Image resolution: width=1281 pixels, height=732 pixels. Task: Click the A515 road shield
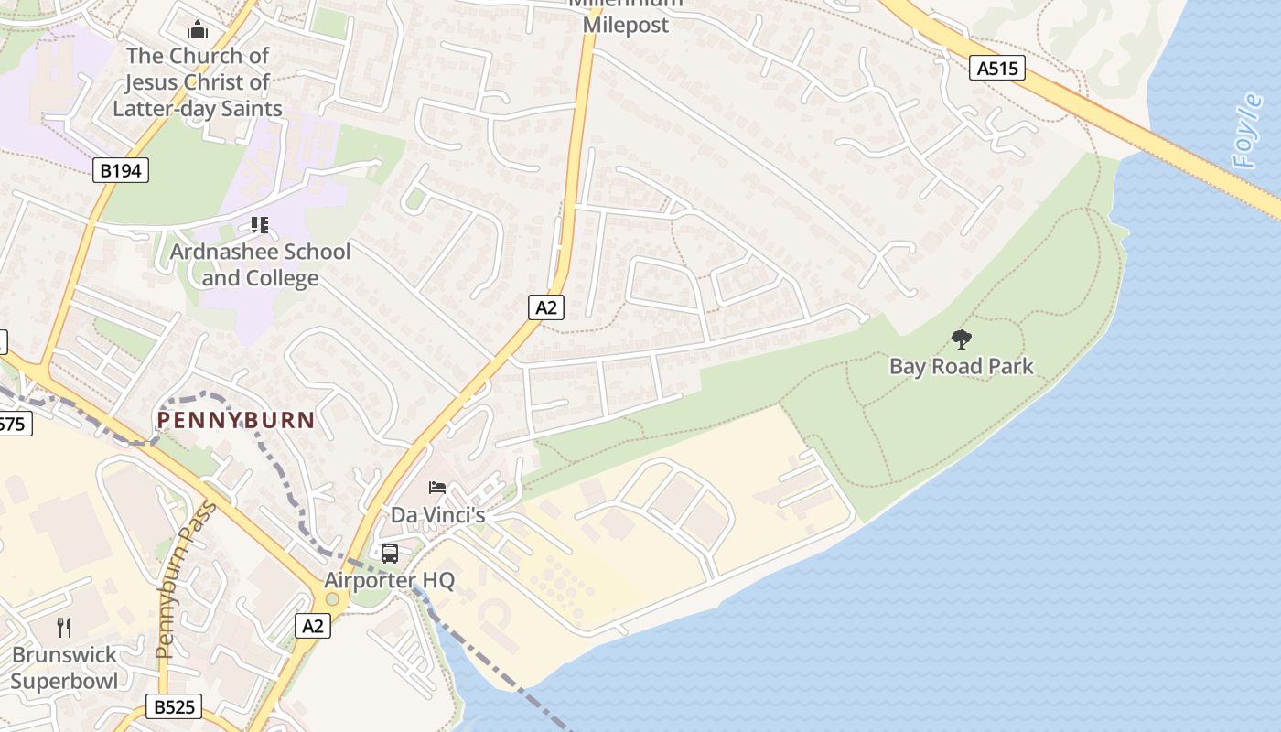(x=997, y=68)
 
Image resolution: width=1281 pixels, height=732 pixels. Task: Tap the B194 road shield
(x=120, y=170)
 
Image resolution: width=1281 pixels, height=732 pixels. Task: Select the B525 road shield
(x=173, y=706)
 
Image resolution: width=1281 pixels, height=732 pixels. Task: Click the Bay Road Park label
(x=961, y=367)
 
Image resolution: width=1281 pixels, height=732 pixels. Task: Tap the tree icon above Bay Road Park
(x=961, y=339)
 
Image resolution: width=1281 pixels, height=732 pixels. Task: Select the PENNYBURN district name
(x=236, y=421)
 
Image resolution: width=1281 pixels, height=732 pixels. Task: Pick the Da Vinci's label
(x=437, y=515)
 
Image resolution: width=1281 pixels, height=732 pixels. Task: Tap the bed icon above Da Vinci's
(x=437, y=488)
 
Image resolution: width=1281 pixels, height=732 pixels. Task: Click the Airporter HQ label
(x=389, y=581)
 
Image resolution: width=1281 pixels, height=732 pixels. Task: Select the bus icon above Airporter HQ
(x=390, y=553)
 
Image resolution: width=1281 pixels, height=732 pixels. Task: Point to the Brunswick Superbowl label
(x=64, y=668)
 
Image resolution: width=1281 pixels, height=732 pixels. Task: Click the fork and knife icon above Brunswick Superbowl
(x=64, y=627)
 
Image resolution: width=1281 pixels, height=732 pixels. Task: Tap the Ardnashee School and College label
(x=260, y=264)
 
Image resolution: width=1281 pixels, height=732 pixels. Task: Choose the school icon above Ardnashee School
(x=259, y=225)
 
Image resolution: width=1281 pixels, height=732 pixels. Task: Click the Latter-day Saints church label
(x=198, y=82)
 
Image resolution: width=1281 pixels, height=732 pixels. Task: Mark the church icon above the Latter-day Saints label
(x=198, y=29)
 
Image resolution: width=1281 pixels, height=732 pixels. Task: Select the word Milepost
(x=626, y=25)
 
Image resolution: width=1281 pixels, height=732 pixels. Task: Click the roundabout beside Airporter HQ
(x=332, y=600)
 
